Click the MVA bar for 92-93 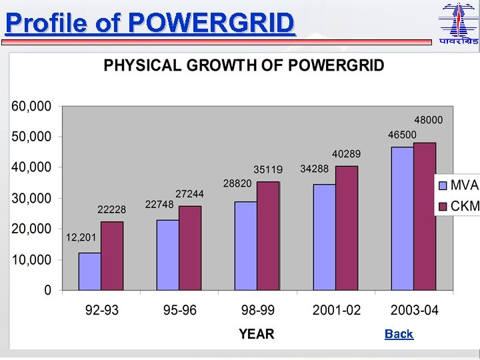pos(89,271)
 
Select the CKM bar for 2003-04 pos(425,217)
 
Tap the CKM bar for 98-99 pos(268,236)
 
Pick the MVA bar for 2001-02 pos(324,237)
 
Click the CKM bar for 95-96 pos(190,248)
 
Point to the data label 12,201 pos(81,237)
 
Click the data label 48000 pos(429,120)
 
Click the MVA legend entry pos(458,185)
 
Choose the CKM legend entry pos(458,206)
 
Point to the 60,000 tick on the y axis pos(31,106)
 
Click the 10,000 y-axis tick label pos(31,259)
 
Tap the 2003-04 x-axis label pos(413,311)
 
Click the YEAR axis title pos(257,334)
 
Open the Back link pos(399,334)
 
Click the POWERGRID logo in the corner pos(458,24)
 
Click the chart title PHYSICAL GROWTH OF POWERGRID pos(243,65)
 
